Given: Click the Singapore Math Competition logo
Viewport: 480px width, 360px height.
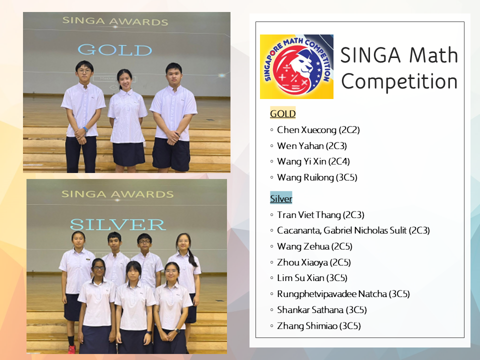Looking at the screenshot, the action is tap(296, 66).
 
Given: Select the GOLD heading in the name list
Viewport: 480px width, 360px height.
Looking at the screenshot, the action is tap(283, 113).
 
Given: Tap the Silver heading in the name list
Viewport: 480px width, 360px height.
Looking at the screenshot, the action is tap(281, 198).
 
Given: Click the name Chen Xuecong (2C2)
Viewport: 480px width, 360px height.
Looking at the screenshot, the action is tap(318, 130).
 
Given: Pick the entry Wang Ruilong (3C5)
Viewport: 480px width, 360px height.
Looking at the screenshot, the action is tap(317, 177).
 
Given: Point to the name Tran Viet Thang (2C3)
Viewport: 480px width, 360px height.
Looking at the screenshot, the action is tap(320, 215).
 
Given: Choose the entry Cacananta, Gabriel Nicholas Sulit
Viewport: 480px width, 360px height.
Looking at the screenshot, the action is tap(342, 230).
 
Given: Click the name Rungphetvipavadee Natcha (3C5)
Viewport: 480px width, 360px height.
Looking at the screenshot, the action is tap(343, 294).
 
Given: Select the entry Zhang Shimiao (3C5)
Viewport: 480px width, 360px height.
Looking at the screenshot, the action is tap(319, 326).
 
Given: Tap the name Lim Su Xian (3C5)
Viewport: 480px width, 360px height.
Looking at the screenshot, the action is tap(312, 278).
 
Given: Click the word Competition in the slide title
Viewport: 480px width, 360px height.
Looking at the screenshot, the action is tap(399, 82).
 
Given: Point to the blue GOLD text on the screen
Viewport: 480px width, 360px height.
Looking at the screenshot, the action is tap(115, 50).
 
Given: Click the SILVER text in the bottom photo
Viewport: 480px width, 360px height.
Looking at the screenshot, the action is tap(118, 224).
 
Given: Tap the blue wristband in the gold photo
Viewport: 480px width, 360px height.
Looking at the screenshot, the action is tap(85, 129).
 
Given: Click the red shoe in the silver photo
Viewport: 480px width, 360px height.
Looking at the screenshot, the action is tap(71, 349).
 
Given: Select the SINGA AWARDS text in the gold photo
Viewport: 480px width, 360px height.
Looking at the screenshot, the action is tap(115, 21).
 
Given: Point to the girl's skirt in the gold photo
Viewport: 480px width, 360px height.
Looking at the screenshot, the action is tap(128, 153).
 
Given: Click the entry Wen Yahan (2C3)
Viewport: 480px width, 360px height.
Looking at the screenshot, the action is tap(312, 145).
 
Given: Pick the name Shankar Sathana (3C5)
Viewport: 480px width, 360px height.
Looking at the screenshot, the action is tap(322, 310).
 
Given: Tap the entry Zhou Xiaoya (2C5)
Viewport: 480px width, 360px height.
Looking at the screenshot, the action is tap(314, 262).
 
